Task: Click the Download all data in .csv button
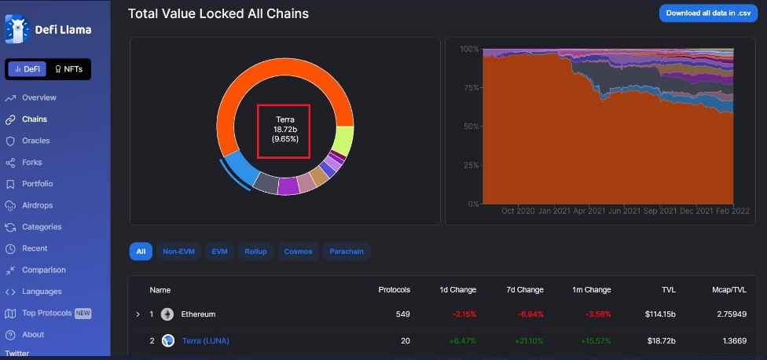708,13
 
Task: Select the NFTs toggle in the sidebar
68,69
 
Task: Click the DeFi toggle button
28,69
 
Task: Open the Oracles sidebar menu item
35,141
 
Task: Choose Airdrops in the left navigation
38,205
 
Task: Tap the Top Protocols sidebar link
47,313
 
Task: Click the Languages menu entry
42,292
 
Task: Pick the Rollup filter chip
255,252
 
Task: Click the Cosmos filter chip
298,252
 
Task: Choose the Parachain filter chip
346,252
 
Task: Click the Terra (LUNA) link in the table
205,340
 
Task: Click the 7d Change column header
525,290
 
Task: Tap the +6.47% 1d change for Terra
463,340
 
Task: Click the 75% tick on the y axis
469,87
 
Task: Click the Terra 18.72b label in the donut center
284,129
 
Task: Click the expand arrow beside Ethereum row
138,314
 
